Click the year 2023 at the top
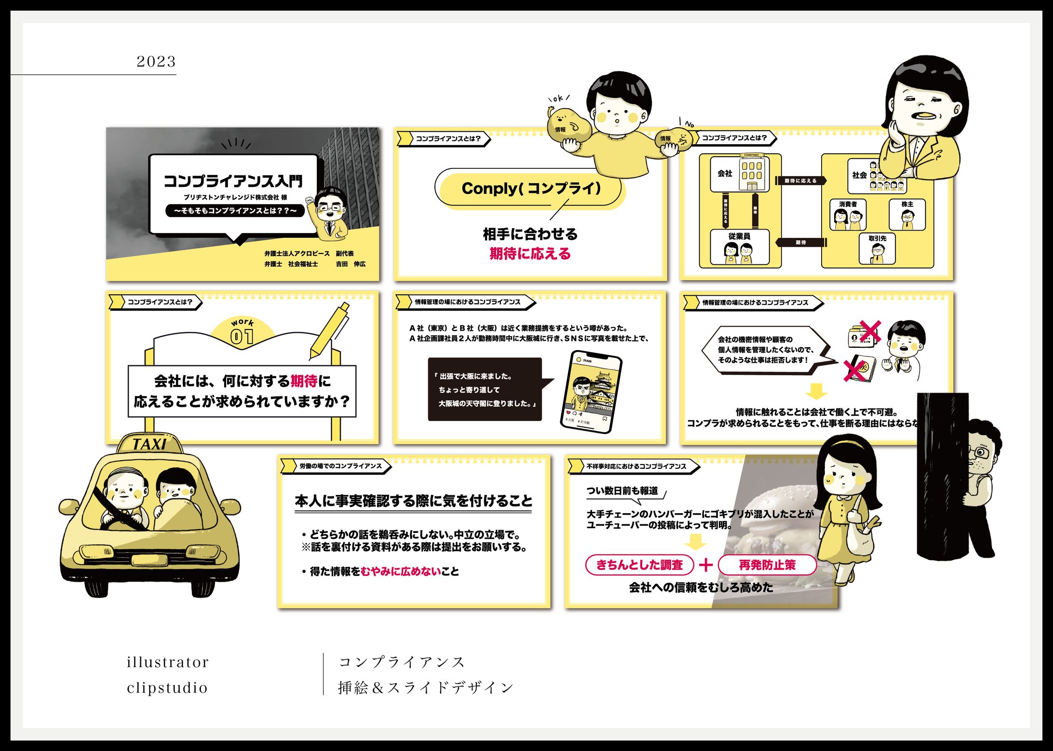click(156, 61)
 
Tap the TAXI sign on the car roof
click(150, 444)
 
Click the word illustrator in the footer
click(167, 662)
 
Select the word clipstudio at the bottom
click(167, 687)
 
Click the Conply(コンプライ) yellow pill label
click(530, 189)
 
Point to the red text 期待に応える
click(530, 254)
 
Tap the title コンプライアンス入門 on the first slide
click(233, 181)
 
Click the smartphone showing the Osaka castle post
click(591, 391)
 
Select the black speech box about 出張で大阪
click(485, 389)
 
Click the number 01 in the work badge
click(242, 336)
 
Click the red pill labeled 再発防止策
click(767, 565)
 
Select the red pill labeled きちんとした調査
click(639, 565)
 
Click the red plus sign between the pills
click(705, 565)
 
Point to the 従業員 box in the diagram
click(739, 247)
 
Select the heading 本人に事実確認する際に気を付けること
click(413, 501)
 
